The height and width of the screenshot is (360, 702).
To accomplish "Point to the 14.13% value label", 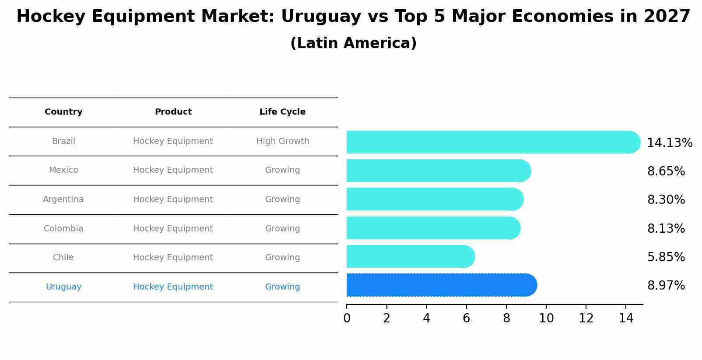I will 669,143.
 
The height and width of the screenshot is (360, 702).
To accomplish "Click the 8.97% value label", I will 666,286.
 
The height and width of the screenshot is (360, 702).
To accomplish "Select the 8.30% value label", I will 666,200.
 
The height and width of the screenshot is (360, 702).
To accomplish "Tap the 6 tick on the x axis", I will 466,318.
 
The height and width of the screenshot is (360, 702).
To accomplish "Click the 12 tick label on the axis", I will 586,318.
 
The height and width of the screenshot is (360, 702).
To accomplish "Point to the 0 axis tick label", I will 347,318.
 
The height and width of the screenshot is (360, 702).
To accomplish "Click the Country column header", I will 63,112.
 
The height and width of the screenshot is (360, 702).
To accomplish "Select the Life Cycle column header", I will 282,112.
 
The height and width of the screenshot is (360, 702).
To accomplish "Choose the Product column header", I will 173,112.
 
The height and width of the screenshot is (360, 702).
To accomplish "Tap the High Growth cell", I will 282,141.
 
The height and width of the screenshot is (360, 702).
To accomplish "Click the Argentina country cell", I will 63,199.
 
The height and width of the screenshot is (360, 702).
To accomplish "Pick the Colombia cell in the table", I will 63,229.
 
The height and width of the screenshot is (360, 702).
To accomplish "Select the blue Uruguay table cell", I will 63,287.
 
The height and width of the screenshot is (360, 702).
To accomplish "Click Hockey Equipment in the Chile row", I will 173,258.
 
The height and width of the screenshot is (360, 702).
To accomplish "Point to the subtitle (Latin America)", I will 353,43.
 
